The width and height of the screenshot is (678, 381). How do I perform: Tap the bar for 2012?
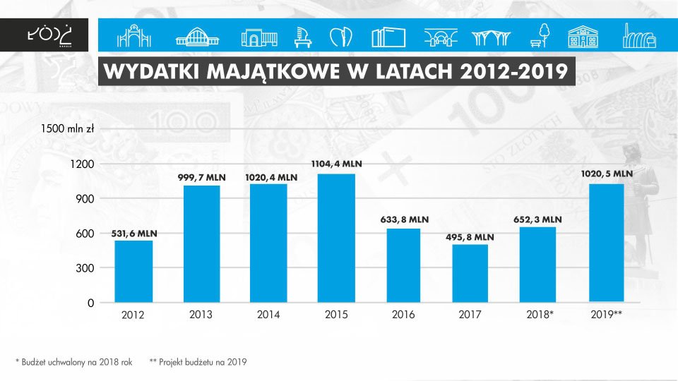(134, 272)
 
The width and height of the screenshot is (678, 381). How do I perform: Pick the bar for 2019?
(605, 243)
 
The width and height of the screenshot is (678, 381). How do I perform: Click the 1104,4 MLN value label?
(336, 164)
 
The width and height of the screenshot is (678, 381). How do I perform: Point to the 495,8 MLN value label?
(470, 238)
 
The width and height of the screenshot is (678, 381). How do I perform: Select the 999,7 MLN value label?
(201, 178)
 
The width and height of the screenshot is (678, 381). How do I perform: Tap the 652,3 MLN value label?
(537, 219)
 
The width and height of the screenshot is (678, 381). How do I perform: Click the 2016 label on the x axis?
(403, 315)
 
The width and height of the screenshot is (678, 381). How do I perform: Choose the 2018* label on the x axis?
(537, 315)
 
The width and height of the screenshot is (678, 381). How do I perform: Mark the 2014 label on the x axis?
(268, 315)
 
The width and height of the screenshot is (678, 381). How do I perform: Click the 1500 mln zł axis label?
(68, 129)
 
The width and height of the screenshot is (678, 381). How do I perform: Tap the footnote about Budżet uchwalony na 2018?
(74, 361)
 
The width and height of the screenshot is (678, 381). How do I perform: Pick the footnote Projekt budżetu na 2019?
(198, 361)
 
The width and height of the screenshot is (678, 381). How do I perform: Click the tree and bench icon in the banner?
(541, 35)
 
